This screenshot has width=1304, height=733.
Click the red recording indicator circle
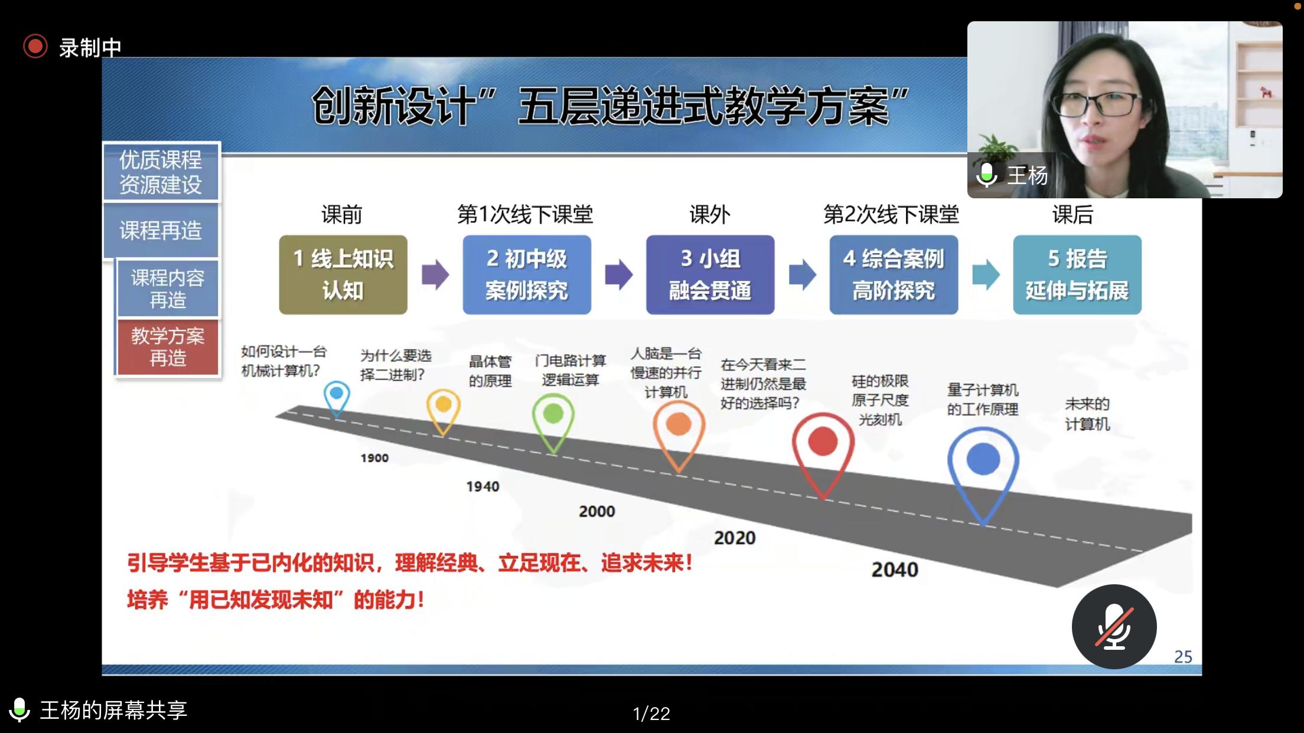point(35,46)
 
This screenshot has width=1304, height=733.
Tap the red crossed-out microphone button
point(1114,626)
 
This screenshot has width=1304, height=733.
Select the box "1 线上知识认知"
point(343,274)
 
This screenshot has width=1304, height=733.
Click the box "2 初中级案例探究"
point(527,274)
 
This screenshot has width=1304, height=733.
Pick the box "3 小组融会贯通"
point(710,274)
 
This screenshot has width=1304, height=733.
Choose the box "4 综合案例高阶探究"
point(894,274)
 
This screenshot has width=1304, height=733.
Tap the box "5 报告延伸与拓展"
point(1077,274)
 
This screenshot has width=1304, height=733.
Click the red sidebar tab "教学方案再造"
point(168,347)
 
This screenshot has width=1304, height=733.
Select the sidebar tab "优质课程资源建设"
point(161,172)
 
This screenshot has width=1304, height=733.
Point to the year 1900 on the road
point(374,458)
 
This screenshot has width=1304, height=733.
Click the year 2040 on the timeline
point(895,570)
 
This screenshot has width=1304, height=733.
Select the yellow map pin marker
point(443,412)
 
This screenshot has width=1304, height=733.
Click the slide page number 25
point(1183,657)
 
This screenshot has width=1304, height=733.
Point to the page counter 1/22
point(651,714)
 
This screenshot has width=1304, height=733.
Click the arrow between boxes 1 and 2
point(435,274)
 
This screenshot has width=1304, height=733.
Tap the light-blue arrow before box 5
point(986,274)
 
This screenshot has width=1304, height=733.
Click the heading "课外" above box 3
point(710,215)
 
